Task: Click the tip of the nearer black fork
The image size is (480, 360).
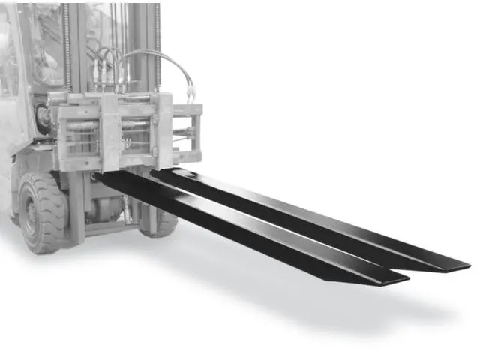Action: click(x=402, y=278)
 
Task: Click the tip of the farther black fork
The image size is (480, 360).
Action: click(x=463, y=265)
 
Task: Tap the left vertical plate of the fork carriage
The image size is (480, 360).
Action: click(x=112, y=132)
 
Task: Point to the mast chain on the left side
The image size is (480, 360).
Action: click(x=68, y=45)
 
